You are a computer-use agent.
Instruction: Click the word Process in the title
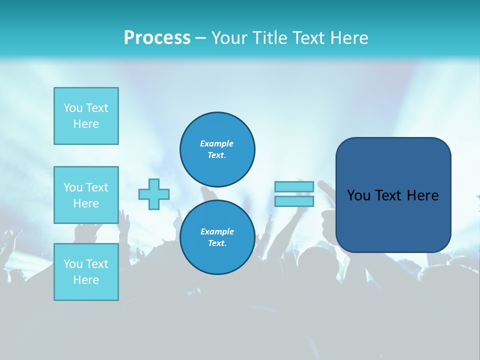tap(157, 38)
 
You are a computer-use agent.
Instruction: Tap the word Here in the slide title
tap(348, 38)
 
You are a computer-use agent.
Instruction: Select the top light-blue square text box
tap(86, 116)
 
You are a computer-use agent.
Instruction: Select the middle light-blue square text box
tap(86, 195)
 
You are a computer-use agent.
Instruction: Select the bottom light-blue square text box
tap(86, 272)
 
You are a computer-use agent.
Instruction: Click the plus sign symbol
tap(154, 194)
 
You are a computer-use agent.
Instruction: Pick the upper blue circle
tap(217, 149)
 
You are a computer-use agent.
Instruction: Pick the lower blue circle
tap(217, 237)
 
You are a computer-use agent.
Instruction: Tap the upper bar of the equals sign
tap(294, 186)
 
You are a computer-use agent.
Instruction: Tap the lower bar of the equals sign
tap(294, 201)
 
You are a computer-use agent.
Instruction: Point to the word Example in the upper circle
tap(216, 143)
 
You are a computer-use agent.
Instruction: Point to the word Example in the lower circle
tap(217, 231)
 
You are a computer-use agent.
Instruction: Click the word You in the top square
tap(73, 108)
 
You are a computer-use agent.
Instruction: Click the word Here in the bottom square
tap(86, 280)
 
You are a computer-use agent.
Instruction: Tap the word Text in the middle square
tap(96, 187)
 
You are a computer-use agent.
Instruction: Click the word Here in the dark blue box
tap(422, 195)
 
